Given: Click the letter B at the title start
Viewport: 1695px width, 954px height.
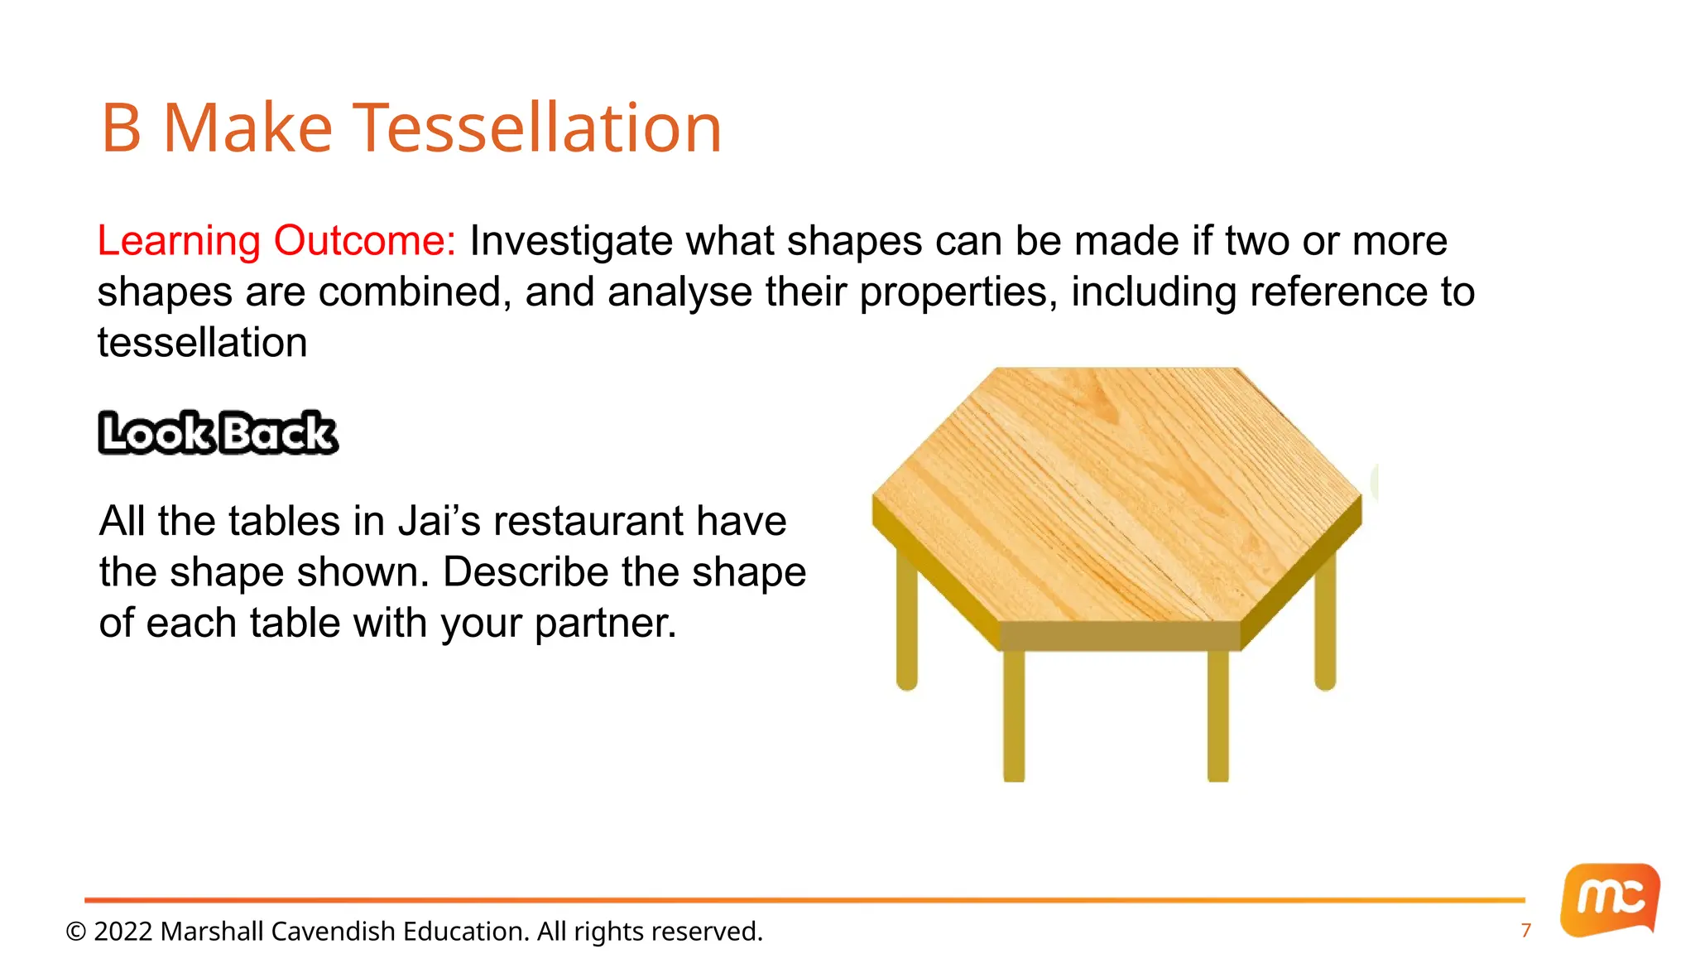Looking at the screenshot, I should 122,128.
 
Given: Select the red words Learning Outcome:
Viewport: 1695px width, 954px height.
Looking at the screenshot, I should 276,241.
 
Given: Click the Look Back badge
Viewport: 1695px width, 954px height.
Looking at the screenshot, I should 218,433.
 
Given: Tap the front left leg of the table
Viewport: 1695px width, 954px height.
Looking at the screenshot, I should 1014,716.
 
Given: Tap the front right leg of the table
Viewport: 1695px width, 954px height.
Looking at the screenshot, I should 1217,716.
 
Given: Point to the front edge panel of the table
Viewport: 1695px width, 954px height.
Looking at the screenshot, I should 1120,636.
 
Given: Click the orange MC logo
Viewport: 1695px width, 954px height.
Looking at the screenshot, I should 1610,899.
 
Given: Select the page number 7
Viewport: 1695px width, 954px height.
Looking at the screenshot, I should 1526,931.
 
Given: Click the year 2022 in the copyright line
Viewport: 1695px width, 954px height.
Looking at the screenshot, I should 123,932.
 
